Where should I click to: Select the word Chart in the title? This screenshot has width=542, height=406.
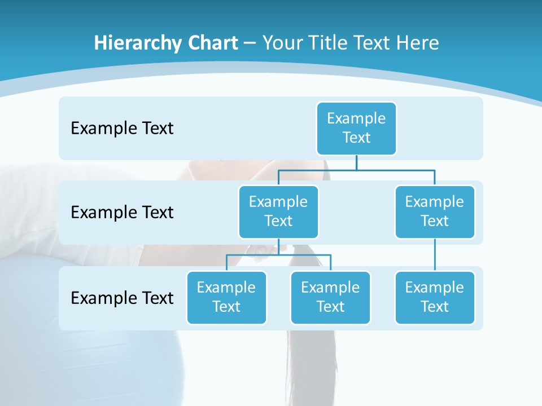210,43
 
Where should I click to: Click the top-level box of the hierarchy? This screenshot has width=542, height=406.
356,128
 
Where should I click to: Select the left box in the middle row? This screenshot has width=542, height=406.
278,211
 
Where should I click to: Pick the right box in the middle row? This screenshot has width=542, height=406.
435,211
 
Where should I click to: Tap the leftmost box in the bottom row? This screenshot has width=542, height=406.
226,297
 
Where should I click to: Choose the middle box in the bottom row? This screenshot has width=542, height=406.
330,297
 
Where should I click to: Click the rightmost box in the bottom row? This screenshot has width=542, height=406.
435,297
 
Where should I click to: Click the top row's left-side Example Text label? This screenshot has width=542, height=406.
122,129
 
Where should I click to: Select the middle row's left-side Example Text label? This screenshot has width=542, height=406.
122,213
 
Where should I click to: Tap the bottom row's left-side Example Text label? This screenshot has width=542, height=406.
122,298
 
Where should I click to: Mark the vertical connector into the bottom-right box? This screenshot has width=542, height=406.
435,255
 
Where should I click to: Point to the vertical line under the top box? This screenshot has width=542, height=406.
356,162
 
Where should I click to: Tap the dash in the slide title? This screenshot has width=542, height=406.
250,44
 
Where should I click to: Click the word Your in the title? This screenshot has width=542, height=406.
281,43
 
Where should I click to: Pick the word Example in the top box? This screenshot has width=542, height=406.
356,118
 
